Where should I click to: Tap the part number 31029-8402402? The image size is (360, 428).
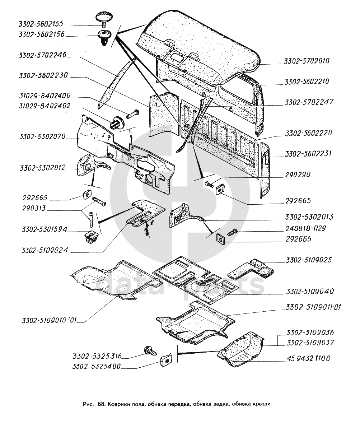click(45, 106)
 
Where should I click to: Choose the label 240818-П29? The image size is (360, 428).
click(306, 228)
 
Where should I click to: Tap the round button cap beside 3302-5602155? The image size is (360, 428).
click(104, 17)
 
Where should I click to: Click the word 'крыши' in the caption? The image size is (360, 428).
click(261, 404)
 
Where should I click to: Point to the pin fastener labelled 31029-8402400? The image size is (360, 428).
click(132, 114)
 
